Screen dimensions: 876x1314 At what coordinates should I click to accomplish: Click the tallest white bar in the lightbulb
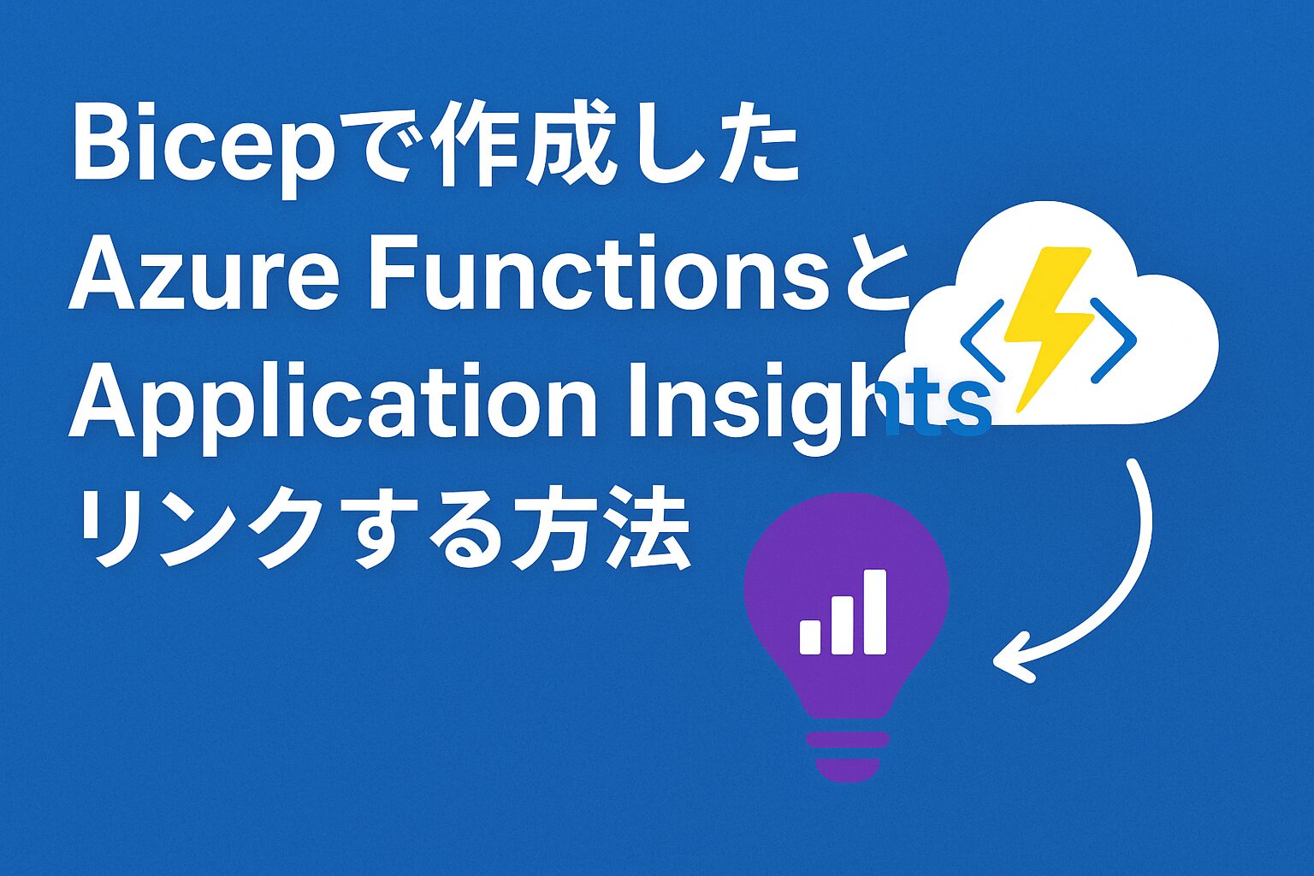coord(875,611)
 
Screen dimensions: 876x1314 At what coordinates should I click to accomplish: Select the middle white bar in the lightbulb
coord(842,624)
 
